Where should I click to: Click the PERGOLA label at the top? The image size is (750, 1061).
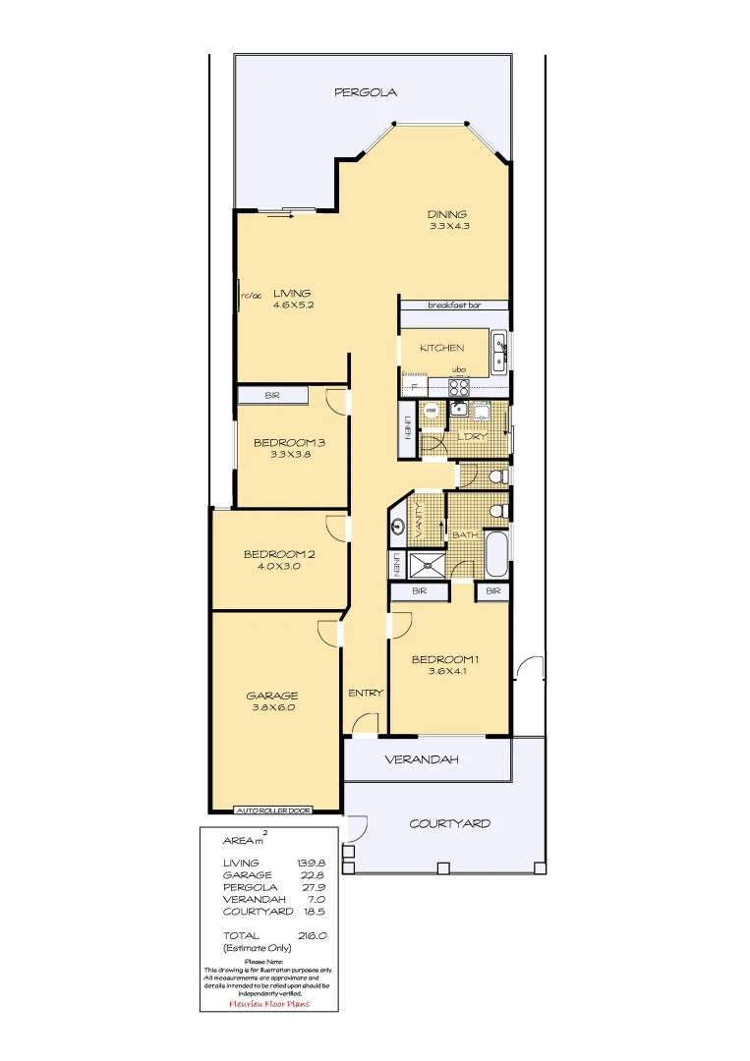pyautogui.click(x=365, y=92)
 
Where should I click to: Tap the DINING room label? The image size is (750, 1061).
pyautogui.click(x=446, y=214)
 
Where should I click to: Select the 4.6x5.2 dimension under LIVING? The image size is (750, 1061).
pyautogui.click(x=293, y=305)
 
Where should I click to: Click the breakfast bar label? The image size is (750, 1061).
pyautogui.click(x=454, y=306)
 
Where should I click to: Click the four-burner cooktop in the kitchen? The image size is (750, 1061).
pyautogui.click(x=459, y=386)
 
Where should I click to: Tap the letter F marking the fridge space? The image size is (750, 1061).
pyautogui.click(x=414, y=387)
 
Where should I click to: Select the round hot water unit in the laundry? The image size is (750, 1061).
pyautogui.click(x=431, y=410)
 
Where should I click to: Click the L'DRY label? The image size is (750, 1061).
pyautogui.click(x=473, y=436)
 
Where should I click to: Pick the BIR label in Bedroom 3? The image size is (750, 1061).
pyautogui.click(x=272, y=395)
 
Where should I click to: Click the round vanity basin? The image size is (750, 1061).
pyautogui.click(x=398, y=526)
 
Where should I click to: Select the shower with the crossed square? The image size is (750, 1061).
pyautogui.click(x=426, y=565)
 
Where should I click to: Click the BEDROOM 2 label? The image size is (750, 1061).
pyautogui.click(x=279, y=554)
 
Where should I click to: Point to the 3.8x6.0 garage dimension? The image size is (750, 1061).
pyautogui.click(x=271, y=707)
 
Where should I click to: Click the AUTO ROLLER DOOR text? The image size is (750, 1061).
pyautogui.click(x=273, y=810)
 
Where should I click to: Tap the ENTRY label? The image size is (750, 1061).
pyautogui.click(x=365, y=693)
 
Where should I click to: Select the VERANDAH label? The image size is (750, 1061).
pyautogui.click(x=421, y=760)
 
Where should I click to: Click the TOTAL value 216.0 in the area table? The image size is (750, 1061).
pyautogui.click(x=311, y=936)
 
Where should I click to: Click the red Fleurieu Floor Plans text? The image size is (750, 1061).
pyautogui.click(x=268, y=1004)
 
